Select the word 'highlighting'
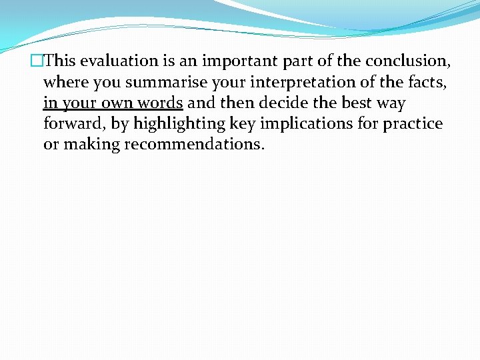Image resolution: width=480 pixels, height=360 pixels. coord(180,124)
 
